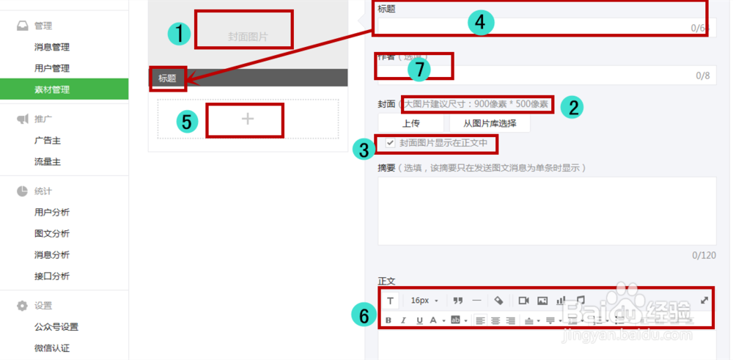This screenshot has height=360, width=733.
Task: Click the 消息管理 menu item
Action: pyautogui.click(x=51, y=48)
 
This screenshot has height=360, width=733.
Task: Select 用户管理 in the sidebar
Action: pyautogui.click(x=51, y=69)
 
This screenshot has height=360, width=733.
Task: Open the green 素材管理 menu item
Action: pyautogui.click(x=51, y=89)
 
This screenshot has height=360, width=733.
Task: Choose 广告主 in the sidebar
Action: pyautogui.click(x=46, y=140)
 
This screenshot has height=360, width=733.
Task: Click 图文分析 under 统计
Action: pyautogui.click(x=51, y=234)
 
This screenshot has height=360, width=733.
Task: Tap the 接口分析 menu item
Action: pyautogui.click(x=51, y=276)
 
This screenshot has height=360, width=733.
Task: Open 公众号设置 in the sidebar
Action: pyautogui.click(x=56, y=327)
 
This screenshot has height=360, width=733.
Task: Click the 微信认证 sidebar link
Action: pyautogui.click(x=51, y=348)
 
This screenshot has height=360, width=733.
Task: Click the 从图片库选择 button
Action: pyautogui.click(x=490, y=123)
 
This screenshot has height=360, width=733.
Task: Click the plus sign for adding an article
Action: pyautogui.click(x=248, y=119)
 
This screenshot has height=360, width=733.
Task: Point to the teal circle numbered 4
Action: pyautogui.click(x=480, y=23)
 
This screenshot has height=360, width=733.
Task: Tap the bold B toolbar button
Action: pyautogui.click(x=388, y=320)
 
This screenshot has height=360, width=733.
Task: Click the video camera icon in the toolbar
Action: pyautogui.click(x=523, y=300)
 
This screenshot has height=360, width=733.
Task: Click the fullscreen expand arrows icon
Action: pyautogui.click(x=704, y=300)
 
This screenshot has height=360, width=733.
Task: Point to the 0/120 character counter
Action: pyautogui.click(x=704, y=256)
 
